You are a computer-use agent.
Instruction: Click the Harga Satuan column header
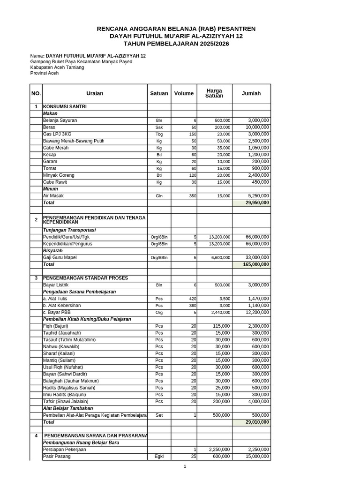click(214, 93)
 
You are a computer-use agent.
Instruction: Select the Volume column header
click(184, 93)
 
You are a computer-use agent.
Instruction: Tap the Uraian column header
click(95, 93)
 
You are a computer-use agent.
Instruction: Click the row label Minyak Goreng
click(59, 175)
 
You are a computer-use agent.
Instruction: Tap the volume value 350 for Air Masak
click(193, 196)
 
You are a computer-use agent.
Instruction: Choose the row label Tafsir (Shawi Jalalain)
click(66, 401)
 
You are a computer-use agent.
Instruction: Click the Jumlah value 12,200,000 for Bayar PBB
click(257, 312)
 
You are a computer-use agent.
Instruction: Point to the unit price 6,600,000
click(219, 257)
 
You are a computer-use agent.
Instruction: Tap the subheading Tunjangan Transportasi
click(69, 230)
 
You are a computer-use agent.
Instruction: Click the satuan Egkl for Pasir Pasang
click(159, 457)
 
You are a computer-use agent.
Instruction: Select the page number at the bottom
click(185, 466)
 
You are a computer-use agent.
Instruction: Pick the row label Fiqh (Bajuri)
click(56, 326)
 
